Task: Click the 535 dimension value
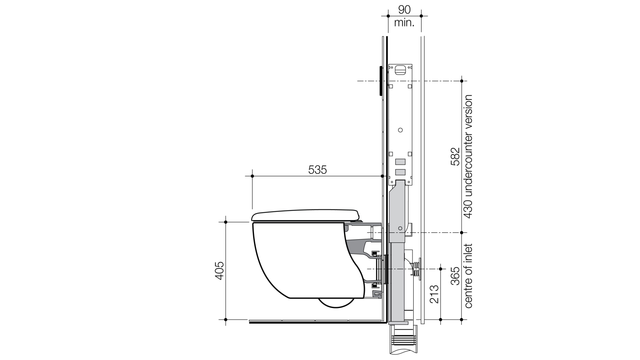point(317,170)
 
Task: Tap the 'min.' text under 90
point(404,23)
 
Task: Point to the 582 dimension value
point(455,157)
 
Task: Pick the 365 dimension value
point(455,276)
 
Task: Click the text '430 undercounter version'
point(468,156)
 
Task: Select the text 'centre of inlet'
point(468,276)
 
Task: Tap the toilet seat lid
point(306,215)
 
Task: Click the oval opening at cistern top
point(400,70)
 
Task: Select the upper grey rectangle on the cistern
point(400,162)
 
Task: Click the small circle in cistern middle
point(400,130)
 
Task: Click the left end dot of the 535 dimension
point(252,176)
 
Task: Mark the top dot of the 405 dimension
point(226,222)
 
